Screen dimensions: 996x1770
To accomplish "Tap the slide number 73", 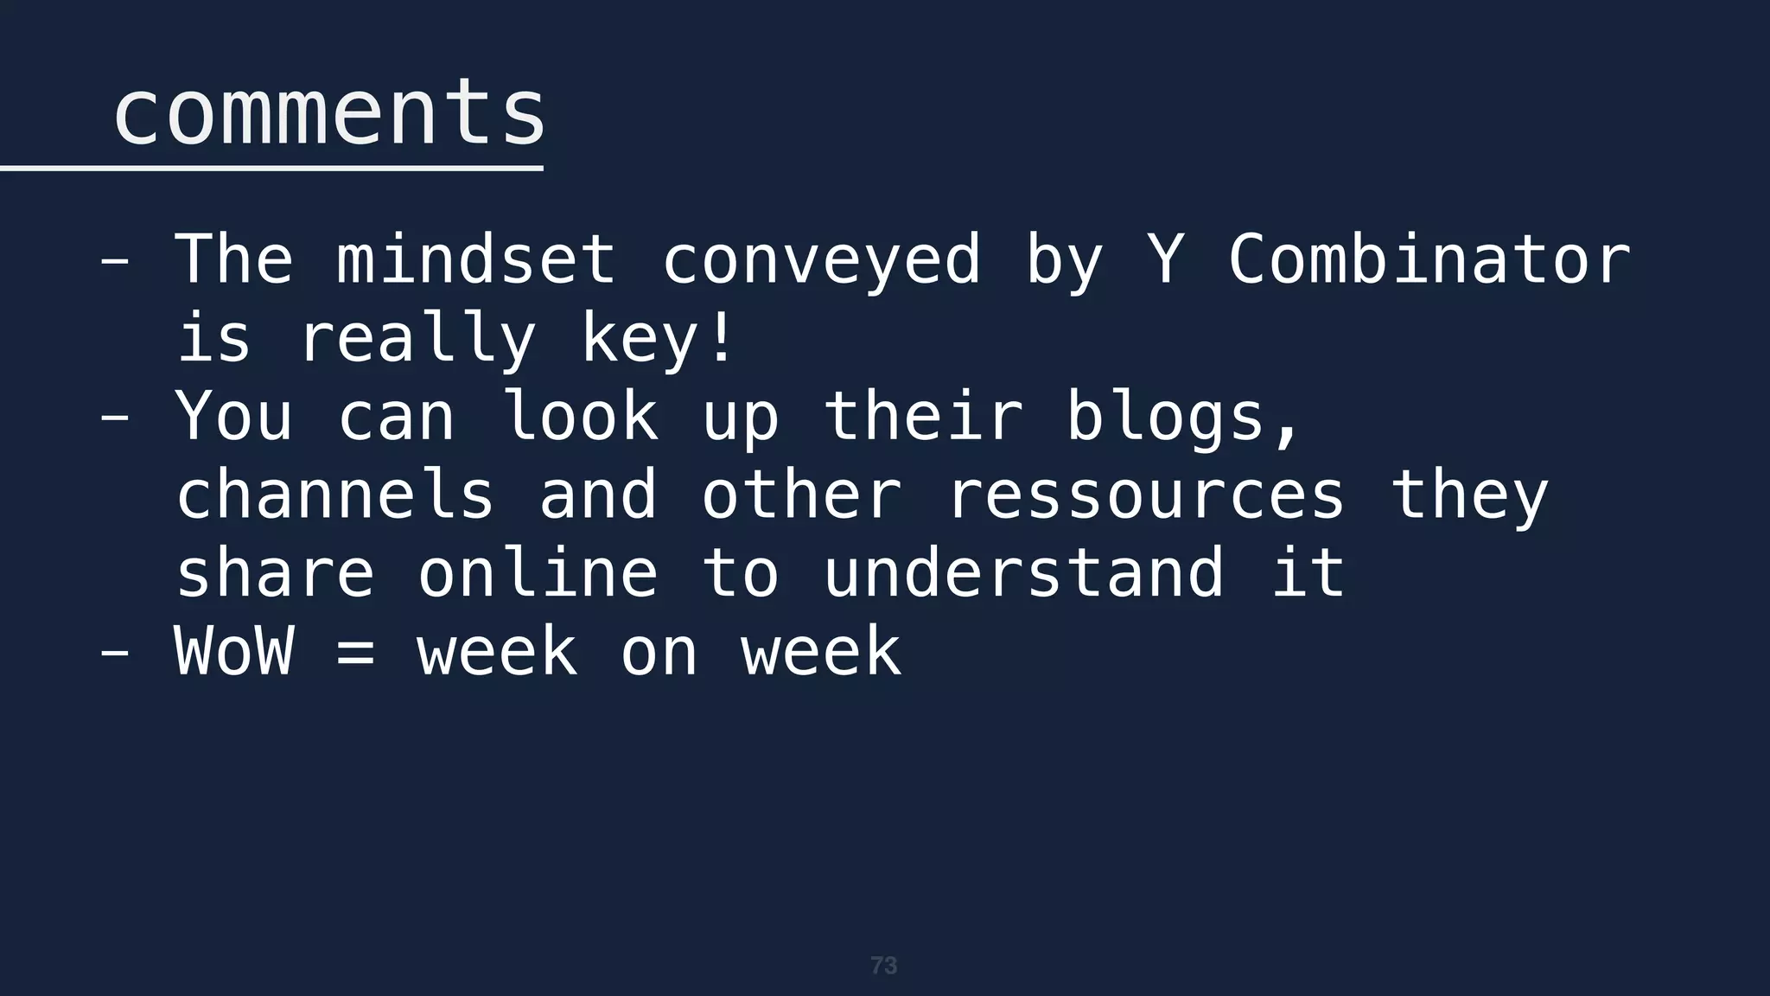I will click(x=883, y=966).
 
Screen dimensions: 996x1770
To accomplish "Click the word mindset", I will click(x=476, y=259).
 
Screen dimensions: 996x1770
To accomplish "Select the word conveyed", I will click(x=821, y=259).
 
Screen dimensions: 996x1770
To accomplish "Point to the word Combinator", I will click(x=1429, y=259).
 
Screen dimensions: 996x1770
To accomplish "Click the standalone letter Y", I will click(x=1165, y=259).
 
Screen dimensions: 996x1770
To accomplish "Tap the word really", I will click(x=417, y=338).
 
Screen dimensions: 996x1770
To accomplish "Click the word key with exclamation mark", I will click(x=658, y=338).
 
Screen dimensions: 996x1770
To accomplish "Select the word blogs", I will click(x=1181, y=417).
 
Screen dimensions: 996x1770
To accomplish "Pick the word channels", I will click(x=335, y=495).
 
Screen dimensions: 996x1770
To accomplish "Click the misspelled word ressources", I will click(x=1146, y=495).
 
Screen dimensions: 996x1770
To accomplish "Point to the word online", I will click(x=538, y=573).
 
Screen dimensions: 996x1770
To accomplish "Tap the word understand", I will click(x=1023, y=573).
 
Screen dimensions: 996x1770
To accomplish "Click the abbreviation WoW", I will click(x=234, y=652).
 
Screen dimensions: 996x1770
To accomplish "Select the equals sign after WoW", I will click(x=355, y=652).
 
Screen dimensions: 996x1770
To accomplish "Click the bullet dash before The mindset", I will click(x=115, y=259).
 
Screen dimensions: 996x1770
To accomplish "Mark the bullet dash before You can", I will click(x=115, y=417).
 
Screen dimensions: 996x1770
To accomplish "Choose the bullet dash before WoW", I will click(x=115, y=652).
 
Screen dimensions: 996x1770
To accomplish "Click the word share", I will click(x=275, y=573).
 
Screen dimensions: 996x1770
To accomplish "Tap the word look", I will click(x=580, y=417).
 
